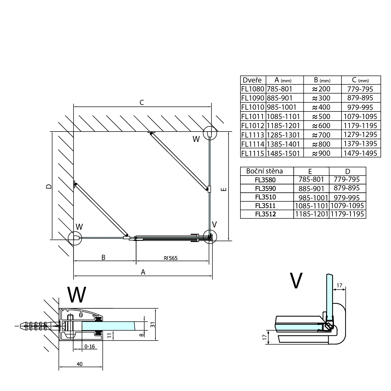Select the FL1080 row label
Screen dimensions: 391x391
tap(253, 89)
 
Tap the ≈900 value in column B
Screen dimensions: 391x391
tap(321, 153)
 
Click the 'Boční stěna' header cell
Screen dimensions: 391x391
tap(264, 171)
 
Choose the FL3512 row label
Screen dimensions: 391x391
tap(265, 214)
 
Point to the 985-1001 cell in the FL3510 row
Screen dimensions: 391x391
tap(311, 197)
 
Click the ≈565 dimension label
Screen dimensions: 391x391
tap(170, 258)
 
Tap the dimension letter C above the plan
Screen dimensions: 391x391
tap(142, 103)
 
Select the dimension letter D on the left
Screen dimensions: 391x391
tap(48, 187)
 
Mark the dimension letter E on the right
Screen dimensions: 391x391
tap(224, 189)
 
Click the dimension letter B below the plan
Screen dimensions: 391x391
tap(103, 258)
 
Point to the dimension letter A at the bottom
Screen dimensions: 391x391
tap(143, 272)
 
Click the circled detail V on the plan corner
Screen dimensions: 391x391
tap(210, 237)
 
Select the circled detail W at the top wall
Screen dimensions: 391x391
tap(210, 133)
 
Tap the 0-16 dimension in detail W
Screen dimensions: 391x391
tap(90, 346)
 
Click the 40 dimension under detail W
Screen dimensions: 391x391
tap(80, 364)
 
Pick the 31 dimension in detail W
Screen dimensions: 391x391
tap(153, 325)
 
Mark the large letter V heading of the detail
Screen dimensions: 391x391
tap(296, 281)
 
